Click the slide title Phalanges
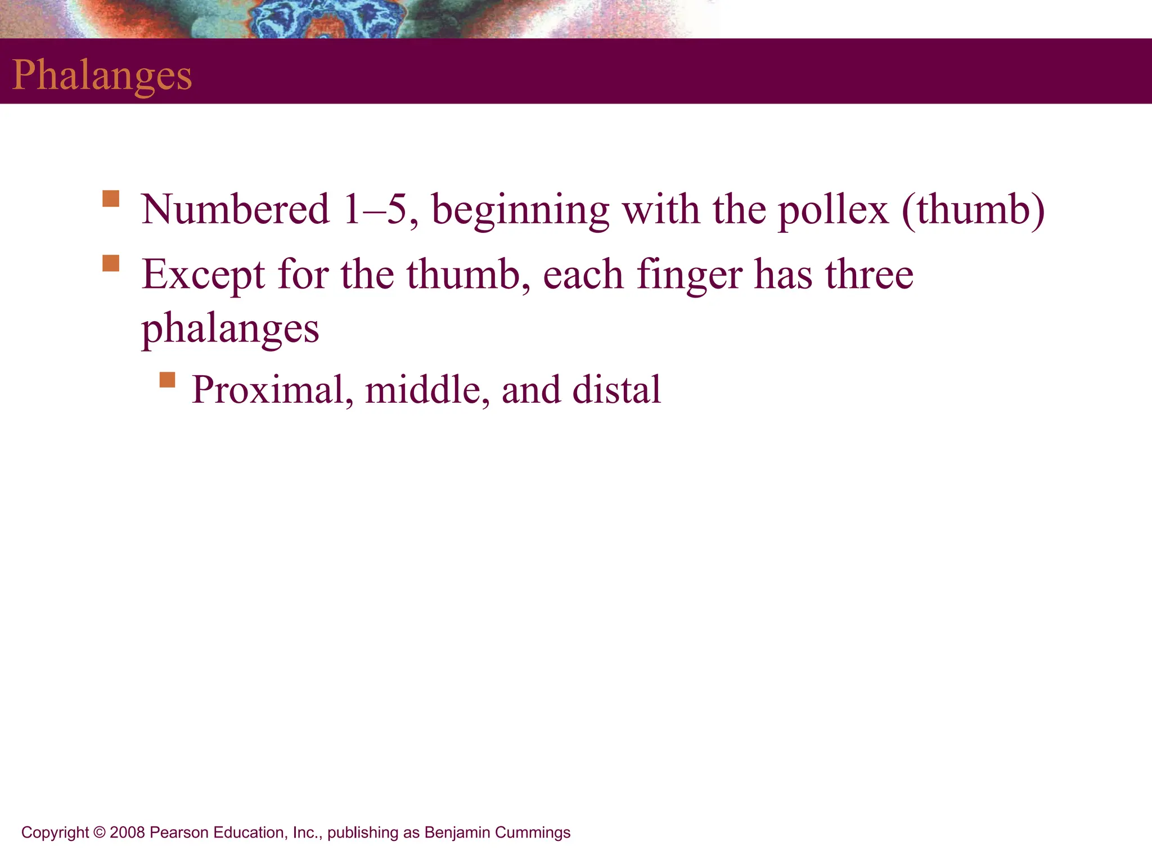click(102, 75)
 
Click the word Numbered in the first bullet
click(235, 210)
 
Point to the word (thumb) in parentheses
click(973, 210)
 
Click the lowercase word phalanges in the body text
click(230, 329)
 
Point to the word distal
click(616, 390)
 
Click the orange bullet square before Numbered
click(111, 199)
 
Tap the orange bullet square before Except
click(111, 263)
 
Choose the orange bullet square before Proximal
click(167, 380)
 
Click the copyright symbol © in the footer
click(100, 832)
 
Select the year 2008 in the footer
click(128, 832)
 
